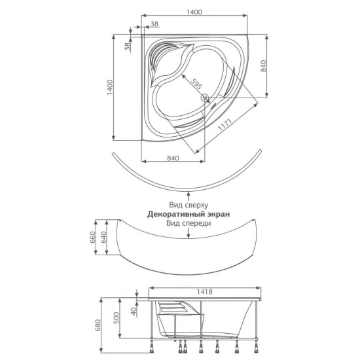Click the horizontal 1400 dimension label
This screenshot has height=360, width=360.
pyautogui.click(x=194, y=12)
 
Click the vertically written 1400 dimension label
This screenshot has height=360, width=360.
pyautogui.click(x=110, y=88)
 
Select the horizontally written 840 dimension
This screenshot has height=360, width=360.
pyautogui.click(x=173, y=158)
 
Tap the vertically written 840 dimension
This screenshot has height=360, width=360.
pyautogui.click(x=263, y=66)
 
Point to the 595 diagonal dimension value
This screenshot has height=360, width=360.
pyautogui.click(x=196, y=84)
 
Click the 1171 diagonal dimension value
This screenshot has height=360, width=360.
pyautogui.click(x=225, y=125)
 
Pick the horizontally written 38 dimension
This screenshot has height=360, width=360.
pyautogui.click(x=154, y=24)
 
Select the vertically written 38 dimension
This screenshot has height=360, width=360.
pyautogui.click(x=127, y=46)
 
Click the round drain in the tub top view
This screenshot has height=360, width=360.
pyautogui.click(x=204, y=98)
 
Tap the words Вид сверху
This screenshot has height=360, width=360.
pyautogui.click(x=189, y=205)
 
